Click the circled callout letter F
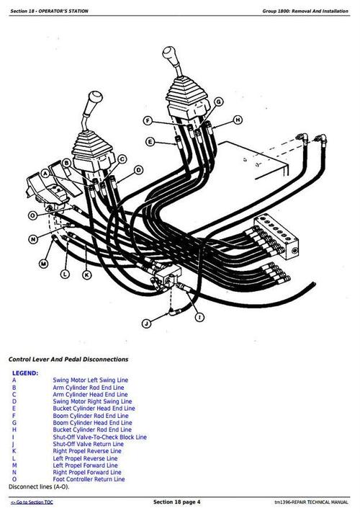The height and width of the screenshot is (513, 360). click(x=147, y=120)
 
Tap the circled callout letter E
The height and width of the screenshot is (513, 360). click(x=150, y=142)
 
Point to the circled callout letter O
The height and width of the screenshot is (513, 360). click(x=33, y=215)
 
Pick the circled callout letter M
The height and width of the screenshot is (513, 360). click(x=43, y=264)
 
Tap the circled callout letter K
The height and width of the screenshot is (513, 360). click(x=87, y=274)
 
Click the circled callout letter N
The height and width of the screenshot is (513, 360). click(x=33, y=238)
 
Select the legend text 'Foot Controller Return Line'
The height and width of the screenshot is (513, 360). click(x=88, y=479)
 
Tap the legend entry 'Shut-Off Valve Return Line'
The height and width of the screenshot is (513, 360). click(x=88, y=444)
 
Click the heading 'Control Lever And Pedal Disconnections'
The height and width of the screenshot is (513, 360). click(x=68, y=359)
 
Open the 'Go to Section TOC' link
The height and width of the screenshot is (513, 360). click(x=32, y=501)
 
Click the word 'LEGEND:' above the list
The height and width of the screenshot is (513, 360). click(x=25, y=373)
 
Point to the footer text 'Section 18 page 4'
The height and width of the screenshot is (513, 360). click(x=177, y=501)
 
